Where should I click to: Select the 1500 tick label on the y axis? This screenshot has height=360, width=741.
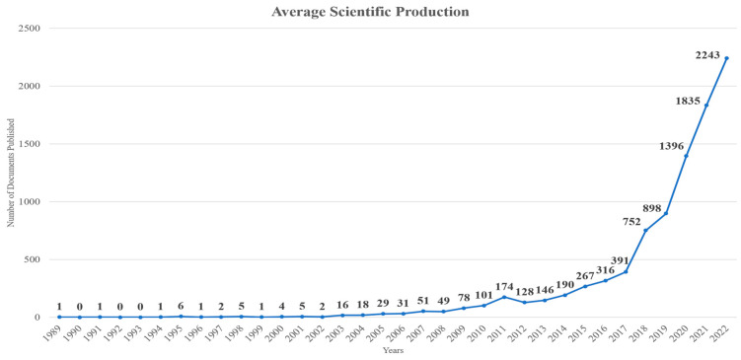click(x=28, y=144)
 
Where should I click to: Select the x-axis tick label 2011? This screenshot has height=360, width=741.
click(x=501, y=331)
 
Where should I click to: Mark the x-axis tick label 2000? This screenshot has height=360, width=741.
click(x=278, y=331)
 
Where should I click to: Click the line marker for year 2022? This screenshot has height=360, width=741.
click(x=727, y=58)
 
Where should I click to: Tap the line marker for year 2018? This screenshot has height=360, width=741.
click(x=646, y=231)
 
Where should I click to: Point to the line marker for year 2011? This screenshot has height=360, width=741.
click(x=504, y=298)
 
